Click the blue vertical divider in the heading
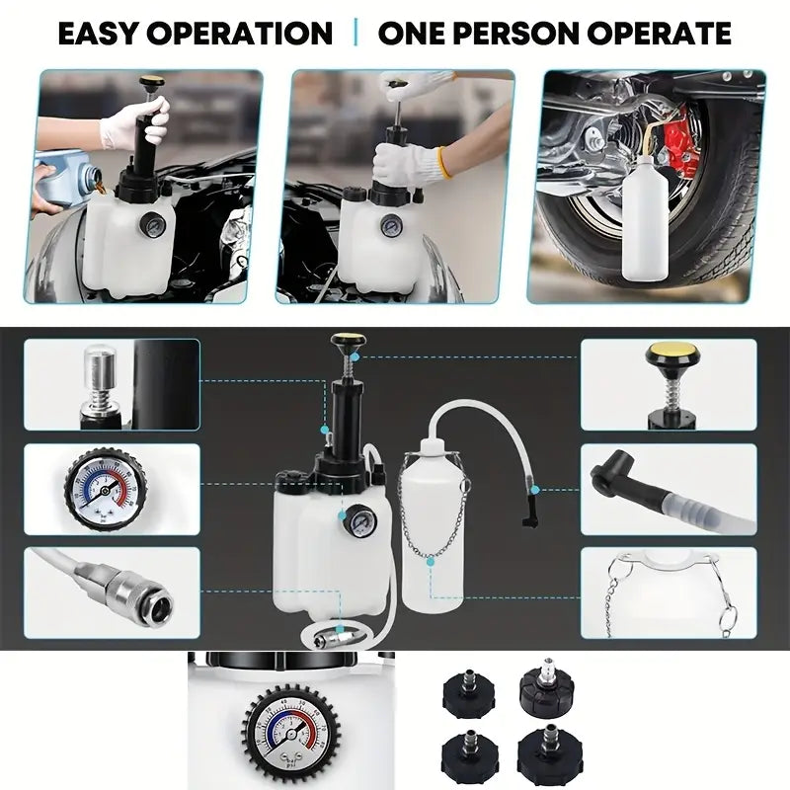356,33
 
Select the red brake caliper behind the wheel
681,136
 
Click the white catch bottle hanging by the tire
646,217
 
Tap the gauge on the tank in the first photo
151,225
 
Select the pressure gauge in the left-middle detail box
106,489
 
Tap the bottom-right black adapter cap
549,754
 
